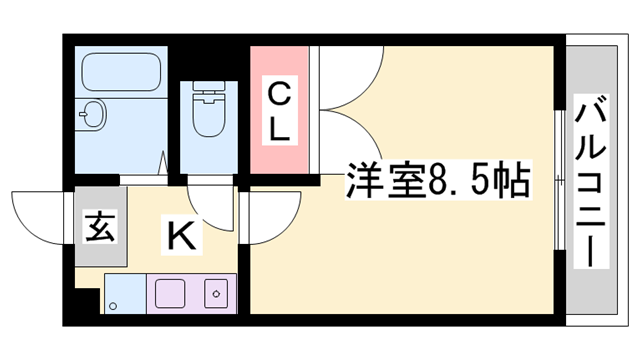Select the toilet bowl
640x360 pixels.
(x=209, y=118)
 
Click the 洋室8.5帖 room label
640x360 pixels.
(x=437, y=184)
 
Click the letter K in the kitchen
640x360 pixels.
(x=180, y=236)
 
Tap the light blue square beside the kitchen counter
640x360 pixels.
(x=125, y=295)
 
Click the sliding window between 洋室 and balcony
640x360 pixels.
(x=558, y=180)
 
